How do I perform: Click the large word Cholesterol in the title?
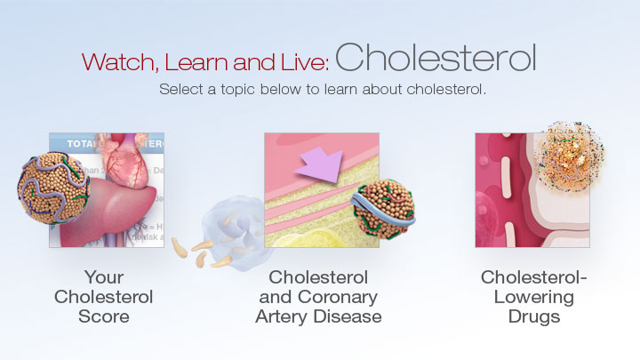(x=436, y=58)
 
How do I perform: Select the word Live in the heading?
(x=305, y=61)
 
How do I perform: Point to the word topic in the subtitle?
(x=238, y=90)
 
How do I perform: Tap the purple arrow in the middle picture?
(x=320, y=164)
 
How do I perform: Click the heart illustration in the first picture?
(x=124, y=161)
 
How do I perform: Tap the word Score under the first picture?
(x=104, y=316)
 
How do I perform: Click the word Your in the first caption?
(x=104, y=277)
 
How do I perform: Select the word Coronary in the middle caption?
(x=338, y=298)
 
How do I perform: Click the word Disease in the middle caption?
(x=348, y=316)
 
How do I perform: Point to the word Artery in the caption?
(x=283, y=317)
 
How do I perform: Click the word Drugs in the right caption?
(x=534, y=317)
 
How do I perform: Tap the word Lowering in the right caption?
(x=534, y=298)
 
